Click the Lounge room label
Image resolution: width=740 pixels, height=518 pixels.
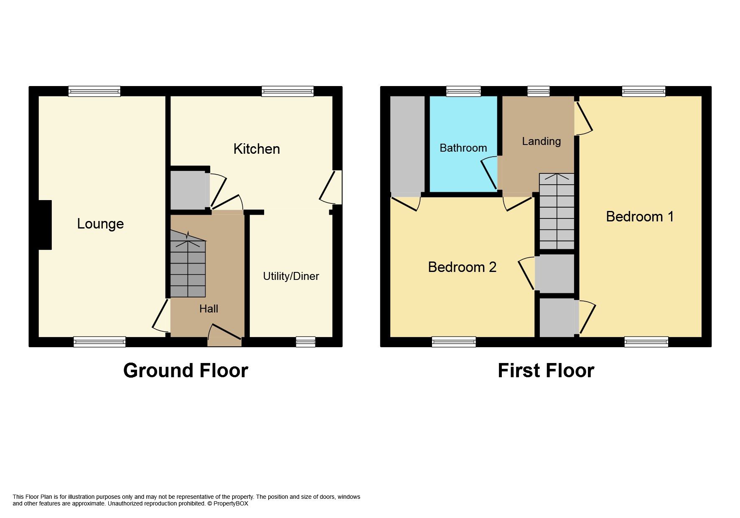click(100, 224)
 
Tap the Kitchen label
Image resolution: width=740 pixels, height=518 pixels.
click(257, 149)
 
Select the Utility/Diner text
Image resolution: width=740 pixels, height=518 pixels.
click(291, 276)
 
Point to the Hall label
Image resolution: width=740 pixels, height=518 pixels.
click(209, 309)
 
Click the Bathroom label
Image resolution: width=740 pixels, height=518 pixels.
click(463, 148)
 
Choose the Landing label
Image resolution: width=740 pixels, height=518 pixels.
click(541, 141)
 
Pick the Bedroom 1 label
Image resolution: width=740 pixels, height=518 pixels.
click(640, 216)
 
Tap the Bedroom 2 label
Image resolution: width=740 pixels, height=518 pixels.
click(462, 267)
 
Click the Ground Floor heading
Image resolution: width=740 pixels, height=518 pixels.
click(186, 371)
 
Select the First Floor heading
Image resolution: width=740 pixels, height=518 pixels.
click(546, 371)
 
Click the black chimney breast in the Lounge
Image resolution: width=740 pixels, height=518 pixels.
click(45, 225)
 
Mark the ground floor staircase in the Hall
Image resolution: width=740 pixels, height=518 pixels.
click(188, 267)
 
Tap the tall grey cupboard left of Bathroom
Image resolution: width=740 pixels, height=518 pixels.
click(407, 145)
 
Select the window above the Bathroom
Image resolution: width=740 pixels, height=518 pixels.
click(463, 91)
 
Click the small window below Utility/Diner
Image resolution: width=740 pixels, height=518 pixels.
click(305, 342)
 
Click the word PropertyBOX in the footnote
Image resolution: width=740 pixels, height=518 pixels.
click(231, 504)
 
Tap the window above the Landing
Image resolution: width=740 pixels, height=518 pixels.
click(538, 91)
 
